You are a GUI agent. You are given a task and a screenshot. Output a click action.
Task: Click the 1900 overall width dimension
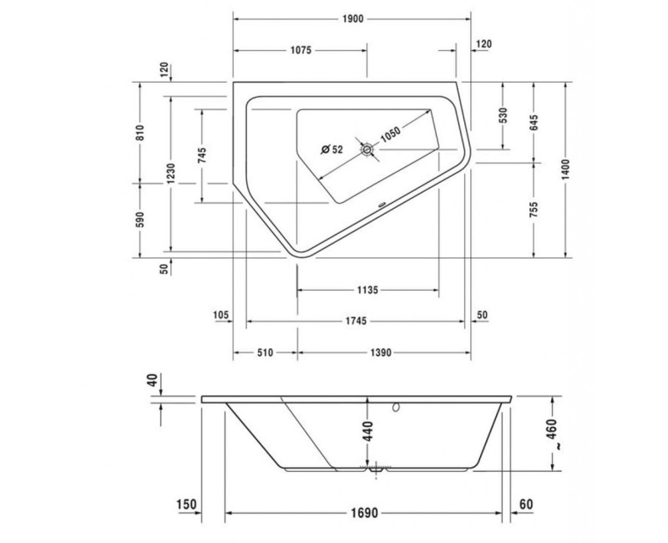point(352,18)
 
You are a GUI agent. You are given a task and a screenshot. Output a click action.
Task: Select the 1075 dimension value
point(301,50)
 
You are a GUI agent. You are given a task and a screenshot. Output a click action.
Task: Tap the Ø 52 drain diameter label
point(331,150)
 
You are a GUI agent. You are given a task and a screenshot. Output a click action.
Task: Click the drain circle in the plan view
point(367,150)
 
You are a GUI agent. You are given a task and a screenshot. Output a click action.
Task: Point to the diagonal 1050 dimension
point(390,134)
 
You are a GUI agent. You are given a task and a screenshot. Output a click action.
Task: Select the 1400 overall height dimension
point(565,170)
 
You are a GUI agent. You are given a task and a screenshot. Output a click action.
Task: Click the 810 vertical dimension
point(140,133)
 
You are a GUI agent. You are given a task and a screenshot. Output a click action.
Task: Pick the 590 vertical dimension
point(140,219)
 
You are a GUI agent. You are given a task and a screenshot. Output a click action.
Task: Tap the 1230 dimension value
point(170,174)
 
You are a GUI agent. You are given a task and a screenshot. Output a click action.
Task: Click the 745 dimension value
point(202,155)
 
